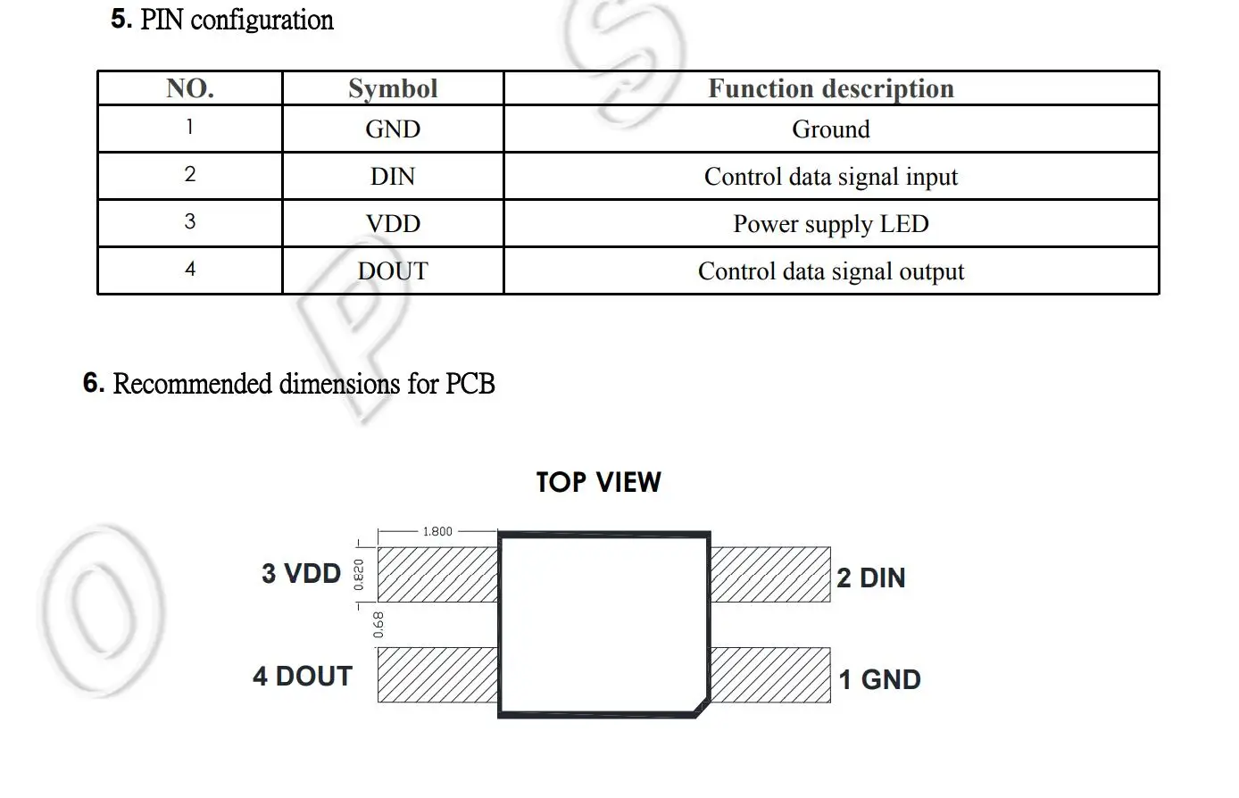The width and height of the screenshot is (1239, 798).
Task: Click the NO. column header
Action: pyautogui.click(x=189, y=88)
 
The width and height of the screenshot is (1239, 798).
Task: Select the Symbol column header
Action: pyautogui.click(x=393, y=88)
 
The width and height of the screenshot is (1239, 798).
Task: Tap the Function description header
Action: pyautogui.click(x=830, y=88)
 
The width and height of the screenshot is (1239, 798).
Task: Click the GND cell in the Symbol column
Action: pyautogui.click(x=393, y=129)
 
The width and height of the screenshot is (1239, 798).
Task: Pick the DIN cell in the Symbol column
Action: pyautogui.click(x=393, y=177)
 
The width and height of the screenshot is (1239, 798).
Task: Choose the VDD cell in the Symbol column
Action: pyautogui.click(x=393, y=224)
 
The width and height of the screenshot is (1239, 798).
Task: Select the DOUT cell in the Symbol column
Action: pyautogui.click(x=393, y=271)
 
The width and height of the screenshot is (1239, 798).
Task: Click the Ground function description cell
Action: pyautogui.click(x=830, y=129)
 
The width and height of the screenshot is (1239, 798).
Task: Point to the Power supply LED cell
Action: pyautogui.click(x=830, y=224)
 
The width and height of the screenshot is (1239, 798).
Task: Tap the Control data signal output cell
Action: pyautogui.click(x=830, y=271)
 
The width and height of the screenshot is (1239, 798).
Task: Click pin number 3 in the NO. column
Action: pyautogui.click(x=189, y=222)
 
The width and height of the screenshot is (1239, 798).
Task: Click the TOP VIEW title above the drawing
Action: pyautogui.click(x=598, y=483)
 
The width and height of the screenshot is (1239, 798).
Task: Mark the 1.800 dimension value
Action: pyautogui.click(x=437, y=531)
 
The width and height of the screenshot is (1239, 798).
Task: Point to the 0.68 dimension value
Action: pyautogui.click(x=378, y=624)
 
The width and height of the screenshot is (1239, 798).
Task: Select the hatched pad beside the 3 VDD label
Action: pyautogui.click(x=437, y=574)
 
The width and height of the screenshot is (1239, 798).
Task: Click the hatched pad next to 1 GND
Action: pyautogui.click(x=770, y=675)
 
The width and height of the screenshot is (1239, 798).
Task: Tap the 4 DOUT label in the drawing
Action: pyautogui.click(x=303, y=677)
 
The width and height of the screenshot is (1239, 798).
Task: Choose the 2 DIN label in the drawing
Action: pyautogui.click(x=871, y=578)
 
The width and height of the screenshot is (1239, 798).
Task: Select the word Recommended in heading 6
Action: pyautogui.click(x=193, y=384)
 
